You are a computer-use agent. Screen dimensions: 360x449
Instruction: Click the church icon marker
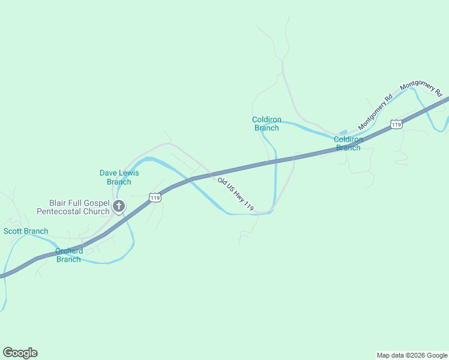(x=119, y=207)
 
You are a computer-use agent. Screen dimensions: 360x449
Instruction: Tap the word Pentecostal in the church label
(x=60, y=211)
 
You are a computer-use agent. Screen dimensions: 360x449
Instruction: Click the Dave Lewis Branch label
(x=119, y=177)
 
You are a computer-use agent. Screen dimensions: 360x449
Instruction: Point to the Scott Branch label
(x=26, y=231)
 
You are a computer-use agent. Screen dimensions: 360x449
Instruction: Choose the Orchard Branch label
(x=69, y=255)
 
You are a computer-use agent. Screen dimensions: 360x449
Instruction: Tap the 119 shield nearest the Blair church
(x=155, y=197)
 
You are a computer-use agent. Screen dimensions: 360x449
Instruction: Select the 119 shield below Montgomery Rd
(x=395, y=124)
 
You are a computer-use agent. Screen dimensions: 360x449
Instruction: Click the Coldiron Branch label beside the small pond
(x=348, y=143)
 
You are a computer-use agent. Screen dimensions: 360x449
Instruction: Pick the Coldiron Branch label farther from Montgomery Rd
(x=267, y=124)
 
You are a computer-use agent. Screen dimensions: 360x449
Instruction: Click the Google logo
(x=20, y=353)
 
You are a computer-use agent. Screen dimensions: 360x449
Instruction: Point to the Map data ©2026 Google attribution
(x=412, y=355)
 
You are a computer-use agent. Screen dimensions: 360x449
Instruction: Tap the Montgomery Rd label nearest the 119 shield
(x=375, y=113)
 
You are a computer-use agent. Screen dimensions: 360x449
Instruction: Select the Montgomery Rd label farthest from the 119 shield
(x=421, y=89)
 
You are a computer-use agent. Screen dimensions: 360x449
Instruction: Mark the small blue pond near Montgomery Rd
(x=343, y=132)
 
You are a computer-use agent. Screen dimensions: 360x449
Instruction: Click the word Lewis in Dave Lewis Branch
(x=127, y=173)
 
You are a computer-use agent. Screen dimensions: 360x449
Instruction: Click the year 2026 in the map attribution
(x=413, y=355)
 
